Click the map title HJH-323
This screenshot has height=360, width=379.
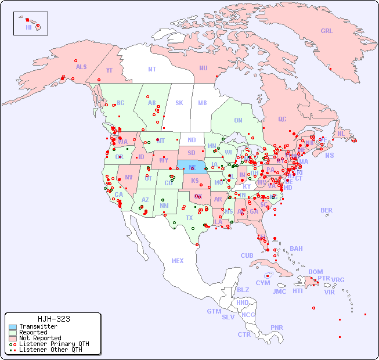coord(53,319)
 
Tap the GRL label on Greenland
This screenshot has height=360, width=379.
coord(327,31)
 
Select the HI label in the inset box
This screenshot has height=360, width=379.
coord(28,27)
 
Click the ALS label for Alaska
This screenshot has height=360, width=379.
coord(81,67)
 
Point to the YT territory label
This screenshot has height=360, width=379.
coord(109,70)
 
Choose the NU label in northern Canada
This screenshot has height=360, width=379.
coord(203,68)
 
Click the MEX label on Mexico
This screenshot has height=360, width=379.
coord(178,261)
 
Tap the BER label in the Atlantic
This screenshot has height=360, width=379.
coord(327,211)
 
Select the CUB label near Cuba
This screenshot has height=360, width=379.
coord(247,255)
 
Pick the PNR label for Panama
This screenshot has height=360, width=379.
coord(277,327)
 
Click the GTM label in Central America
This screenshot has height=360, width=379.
coord(214,311)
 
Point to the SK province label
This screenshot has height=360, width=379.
coord(179,103)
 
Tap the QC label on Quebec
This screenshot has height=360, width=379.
coord(282,119)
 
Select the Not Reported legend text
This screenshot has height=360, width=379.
coord(40,338)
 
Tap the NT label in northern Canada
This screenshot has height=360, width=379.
coord(152,69)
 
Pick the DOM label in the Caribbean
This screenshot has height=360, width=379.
coord(315,272)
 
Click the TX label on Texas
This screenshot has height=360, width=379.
coord(189,218)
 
